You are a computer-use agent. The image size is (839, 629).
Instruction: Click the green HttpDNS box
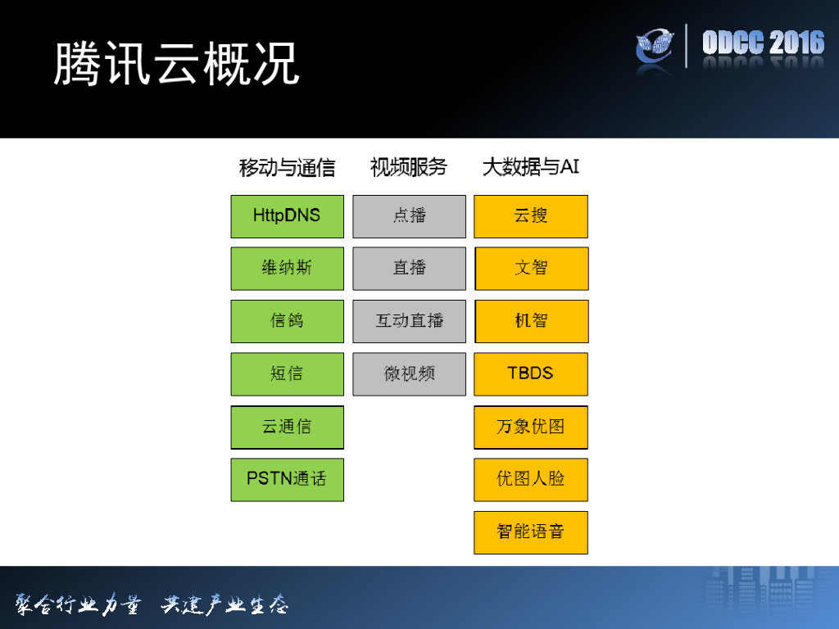[x=287, y=216]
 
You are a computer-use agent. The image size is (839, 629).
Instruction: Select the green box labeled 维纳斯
[x=287, y=269]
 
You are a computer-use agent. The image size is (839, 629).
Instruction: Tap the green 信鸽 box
[x=287, y=321]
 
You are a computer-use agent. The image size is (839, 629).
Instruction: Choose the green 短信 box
[x=287, y=374]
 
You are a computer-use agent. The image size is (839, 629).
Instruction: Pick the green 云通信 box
[x=287, y=427]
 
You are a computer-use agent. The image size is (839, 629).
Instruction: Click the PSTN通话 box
[x=287, y=479]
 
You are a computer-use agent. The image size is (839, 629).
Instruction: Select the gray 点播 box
[x=409, y=216]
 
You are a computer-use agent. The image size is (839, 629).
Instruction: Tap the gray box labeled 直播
[x=409, y=269]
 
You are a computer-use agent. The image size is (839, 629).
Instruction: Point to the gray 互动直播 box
[x=409, y=321]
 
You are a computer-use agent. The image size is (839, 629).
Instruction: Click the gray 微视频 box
[x=409, y=374]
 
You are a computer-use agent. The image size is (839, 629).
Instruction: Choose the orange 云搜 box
[x=531, y=216]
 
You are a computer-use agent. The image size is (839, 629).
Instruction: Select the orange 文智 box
[x=531, y=269]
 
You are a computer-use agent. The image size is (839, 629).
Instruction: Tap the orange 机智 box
[x=531, y=321]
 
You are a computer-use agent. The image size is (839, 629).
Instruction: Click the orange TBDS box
[x=531, y=374]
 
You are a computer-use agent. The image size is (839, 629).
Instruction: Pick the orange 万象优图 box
[x=531, y=427]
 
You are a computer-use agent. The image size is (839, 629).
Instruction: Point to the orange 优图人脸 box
[x=531, y=479]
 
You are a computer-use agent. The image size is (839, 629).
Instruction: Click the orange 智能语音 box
[x=531, y=532]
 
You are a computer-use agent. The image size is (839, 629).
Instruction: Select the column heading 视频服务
[x=409, y=167]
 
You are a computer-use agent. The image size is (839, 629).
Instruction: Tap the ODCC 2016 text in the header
[x=763, y=43]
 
